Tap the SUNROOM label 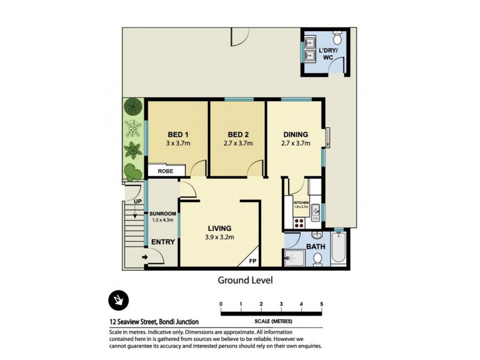click(163, 213)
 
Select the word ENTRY click(163, 242)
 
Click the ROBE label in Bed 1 click(166, 171)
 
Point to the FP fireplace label click(252, 261)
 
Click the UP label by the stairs click(137, 202)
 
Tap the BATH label click(316, 246)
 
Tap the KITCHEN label click(301, 204)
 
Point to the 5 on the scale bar click(322, 304)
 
